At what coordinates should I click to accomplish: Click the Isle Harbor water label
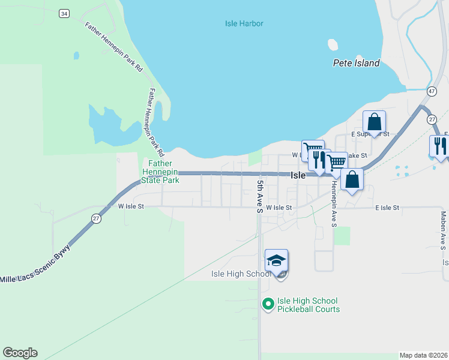pos(244,24)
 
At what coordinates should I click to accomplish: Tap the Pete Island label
pos(357,63)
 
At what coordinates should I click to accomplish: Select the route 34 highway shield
pos(64,13)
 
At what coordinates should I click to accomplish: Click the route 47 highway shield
pos(431,91)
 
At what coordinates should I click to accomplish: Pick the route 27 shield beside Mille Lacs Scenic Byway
pos(97,218)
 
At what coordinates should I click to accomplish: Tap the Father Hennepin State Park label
pos(160,172)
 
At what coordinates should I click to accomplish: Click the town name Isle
pos(298,176)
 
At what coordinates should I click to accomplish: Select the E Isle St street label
pos(387,208)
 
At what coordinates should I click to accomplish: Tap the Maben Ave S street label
pos(443,230)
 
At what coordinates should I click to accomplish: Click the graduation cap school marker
pos(276,261)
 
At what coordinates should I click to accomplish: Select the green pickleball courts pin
pos(268,305)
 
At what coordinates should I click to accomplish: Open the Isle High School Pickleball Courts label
pos(309,305)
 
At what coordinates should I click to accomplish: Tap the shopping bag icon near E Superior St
pos(374,122)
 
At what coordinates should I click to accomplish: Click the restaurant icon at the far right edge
pos(439,146)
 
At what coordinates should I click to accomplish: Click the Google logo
pos(20,353)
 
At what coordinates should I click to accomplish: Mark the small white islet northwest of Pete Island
pos(333,44)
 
